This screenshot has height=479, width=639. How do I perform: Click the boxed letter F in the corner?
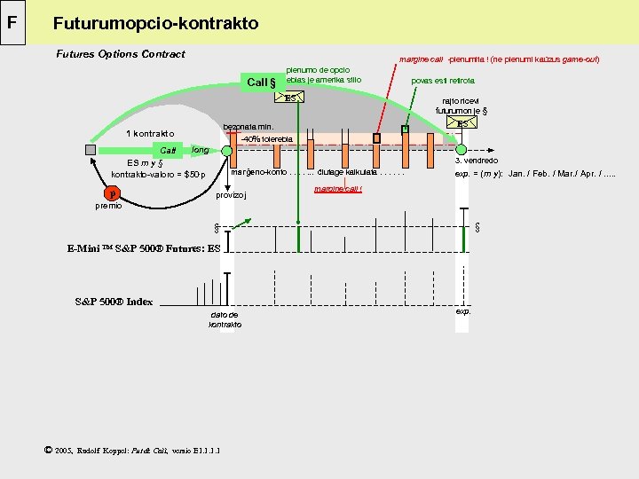(12, 20)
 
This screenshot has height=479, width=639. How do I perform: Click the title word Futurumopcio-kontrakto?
(155, 24)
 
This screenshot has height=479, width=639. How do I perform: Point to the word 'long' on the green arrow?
(200, 151)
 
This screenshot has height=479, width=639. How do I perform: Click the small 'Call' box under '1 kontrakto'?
(166, 151)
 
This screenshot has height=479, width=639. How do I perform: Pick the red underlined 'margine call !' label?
(338, 190)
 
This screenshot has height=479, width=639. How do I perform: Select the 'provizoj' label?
(232, 195)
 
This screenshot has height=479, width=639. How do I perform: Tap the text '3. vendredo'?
(476, 161)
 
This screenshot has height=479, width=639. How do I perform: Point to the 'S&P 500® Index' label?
(114, 302)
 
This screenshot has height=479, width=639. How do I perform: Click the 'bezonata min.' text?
(248, 127)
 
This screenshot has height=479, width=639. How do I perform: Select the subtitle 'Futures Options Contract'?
(121, 54)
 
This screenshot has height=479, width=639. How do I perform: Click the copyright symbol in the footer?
(47, 450)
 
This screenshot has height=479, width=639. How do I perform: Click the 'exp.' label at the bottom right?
(463, 312)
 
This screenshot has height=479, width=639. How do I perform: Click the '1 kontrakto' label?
(149, 134)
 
